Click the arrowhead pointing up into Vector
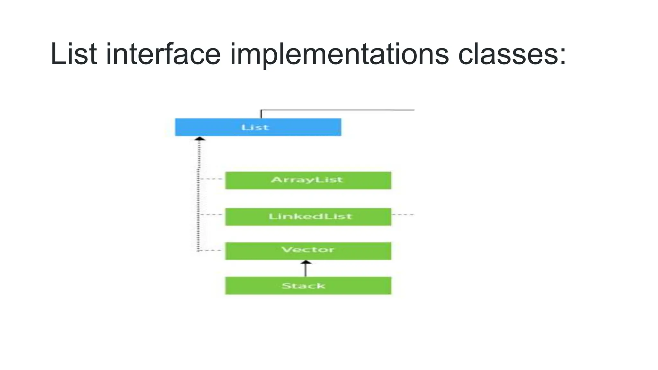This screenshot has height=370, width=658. tap(306, 262)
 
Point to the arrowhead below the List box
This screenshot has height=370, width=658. tap(200, 139)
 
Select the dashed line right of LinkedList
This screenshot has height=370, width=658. tap(403, 215)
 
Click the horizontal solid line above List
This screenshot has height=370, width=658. tap(337, 110)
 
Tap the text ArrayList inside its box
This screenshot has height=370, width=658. tap(307, 180)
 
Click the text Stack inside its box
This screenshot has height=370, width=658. tap(303, 286)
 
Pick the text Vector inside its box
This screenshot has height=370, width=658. tap(308, 250)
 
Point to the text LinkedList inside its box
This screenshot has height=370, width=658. tap(310, 216)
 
